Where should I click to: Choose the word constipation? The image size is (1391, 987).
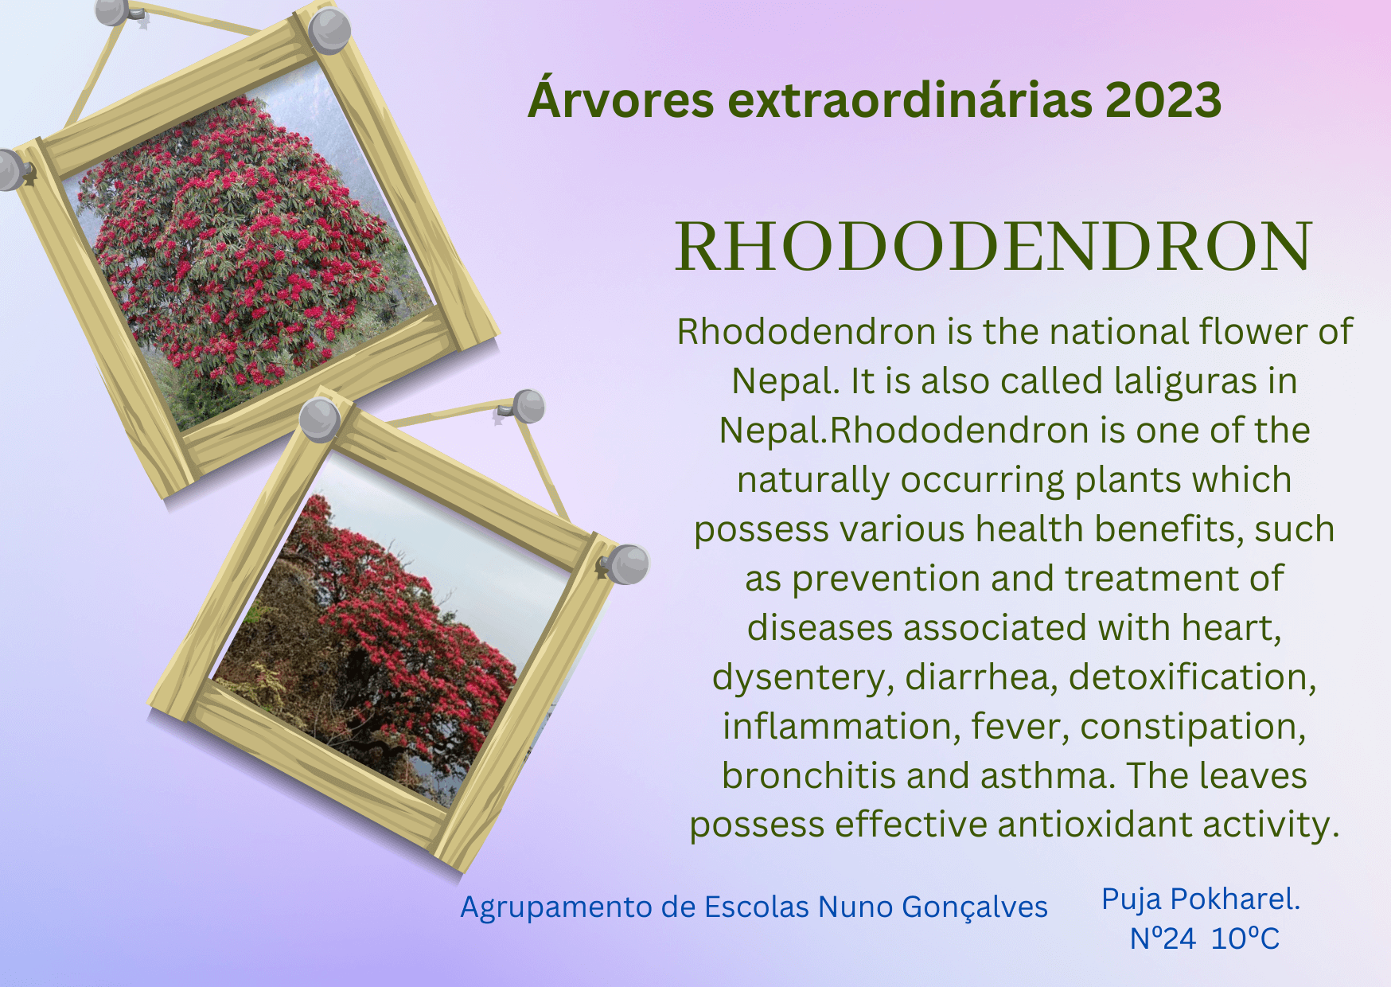pos(1193,728)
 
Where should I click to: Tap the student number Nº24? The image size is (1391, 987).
pos(1163,939)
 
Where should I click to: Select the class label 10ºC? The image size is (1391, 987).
pos(1245,939)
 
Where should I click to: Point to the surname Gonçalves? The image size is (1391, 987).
pos(975,908)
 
